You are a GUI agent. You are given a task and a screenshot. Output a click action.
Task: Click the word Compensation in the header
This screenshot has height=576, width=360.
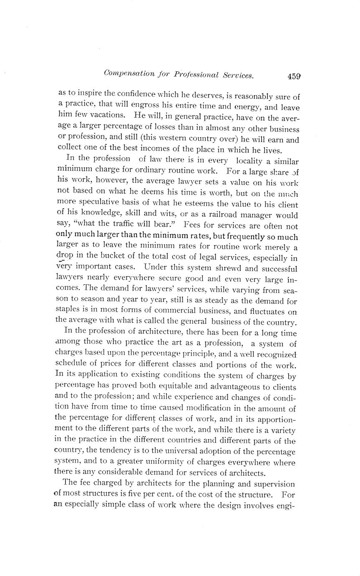click(128, 74)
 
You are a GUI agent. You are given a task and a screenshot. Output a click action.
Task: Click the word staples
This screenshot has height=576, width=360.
click(69, 311)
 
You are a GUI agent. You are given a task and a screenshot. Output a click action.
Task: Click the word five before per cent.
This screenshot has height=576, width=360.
click(167, 495)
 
